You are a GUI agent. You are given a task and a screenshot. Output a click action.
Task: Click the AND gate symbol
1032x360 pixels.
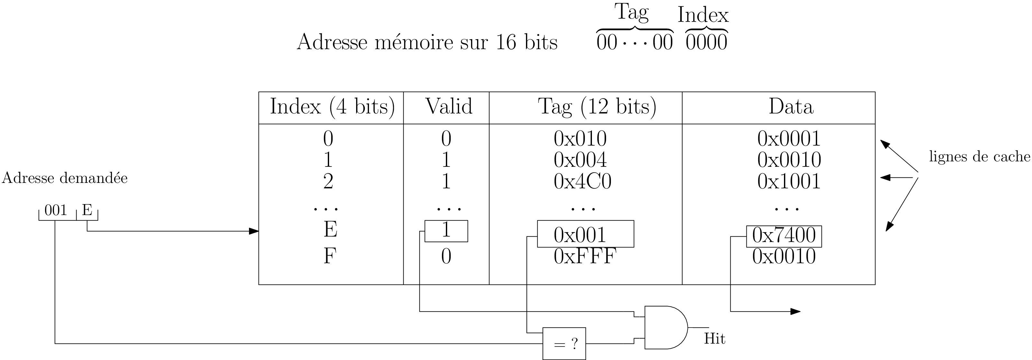click(665, 328)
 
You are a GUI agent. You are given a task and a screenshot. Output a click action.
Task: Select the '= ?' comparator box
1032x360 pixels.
click(564, 344)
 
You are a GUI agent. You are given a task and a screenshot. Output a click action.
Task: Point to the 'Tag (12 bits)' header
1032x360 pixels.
click(597, 107)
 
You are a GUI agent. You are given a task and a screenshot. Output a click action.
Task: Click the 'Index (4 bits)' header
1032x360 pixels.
click(332, 107)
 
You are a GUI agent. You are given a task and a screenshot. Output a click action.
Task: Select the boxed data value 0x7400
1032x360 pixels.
click(784, 236)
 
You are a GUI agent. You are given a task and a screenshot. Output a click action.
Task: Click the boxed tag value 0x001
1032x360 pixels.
click(580, 235)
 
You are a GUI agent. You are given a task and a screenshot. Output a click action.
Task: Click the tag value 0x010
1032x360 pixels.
click(580, 139)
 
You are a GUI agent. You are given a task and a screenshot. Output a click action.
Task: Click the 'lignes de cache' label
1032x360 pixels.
click(979, 157)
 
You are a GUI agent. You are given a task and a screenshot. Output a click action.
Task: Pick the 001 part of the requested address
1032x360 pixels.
click(56, 211)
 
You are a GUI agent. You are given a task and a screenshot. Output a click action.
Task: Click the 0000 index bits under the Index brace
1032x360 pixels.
click(706, 43)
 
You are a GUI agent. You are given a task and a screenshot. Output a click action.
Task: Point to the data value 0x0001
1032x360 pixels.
click(789, 139)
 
